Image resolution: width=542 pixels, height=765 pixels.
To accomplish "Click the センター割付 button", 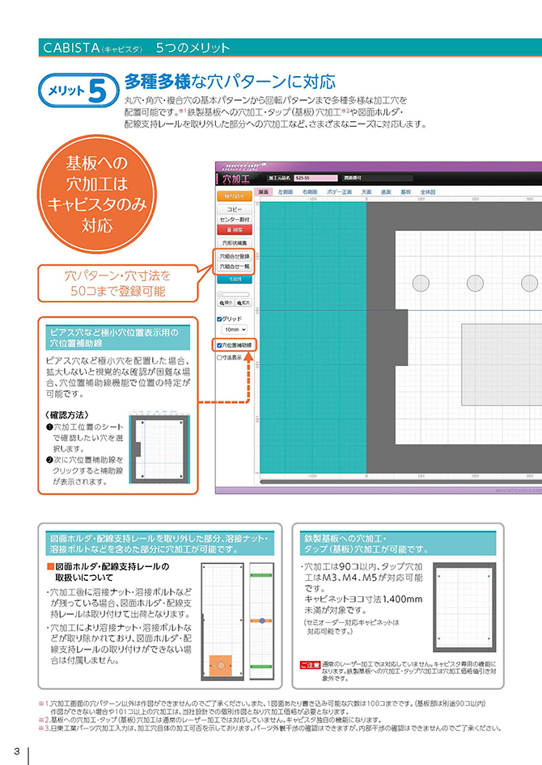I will [x=235, y=219].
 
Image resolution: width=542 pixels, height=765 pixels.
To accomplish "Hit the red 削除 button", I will [x=235, y=229].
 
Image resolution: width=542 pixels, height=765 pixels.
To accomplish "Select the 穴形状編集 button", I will [x=235, y=242].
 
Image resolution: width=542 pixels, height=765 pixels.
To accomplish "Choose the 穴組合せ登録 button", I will [x=235, y=255].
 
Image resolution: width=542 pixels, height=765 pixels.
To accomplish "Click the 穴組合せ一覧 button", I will [x=235, y=266].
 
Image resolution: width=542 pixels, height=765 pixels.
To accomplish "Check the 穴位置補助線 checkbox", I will [x=219, y=345].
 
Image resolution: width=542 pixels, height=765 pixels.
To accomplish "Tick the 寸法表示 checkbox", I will [x=219, y=356].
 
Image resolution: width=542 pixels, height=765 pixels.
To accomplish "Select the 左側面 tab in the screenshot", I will [x=286, y=192].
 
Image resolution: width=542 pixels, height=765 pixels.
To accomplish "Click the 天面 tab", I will [x=366, y=192].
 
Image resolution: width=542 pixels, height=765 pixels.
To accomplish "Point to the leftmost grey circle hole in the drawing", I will [x=421, y=283].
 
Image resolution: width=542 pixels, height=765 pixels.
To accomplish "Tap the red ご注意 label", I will [x=310, y=664].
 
